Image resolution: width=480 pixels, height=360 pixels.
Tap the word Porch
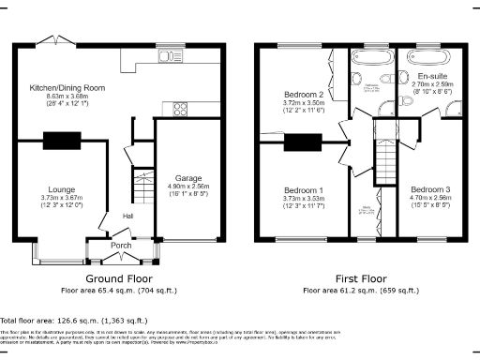coord(122,246)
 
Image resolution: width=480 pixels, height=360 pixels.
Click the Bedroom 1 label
coord(303,190)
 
